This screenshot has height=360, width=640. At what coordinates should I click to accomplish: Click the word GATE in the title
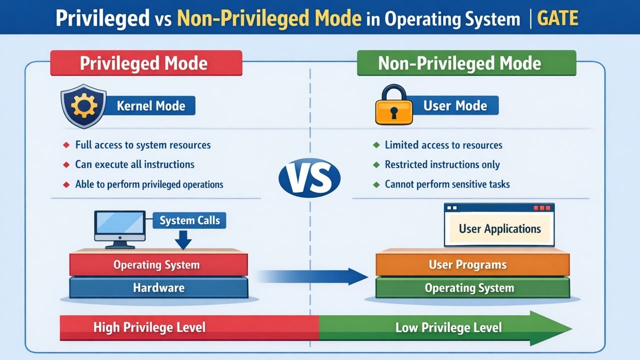click(x=557, y=18)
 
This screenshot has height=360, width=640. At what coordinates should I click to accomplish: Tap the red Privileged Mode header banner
click(x=146, y=63)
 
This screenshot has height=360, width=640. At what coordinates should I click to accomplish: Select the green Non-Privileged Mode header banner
click(x=466, y=63)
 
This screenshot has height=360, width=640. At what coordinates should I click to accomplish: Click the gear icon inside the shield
click(x=84, y=106)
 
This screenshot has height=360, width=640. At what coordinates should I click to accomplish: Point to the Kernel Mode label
click(x=151, y=106)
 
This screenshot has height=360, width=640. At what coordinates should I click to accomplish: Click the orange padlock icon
click(x=394, y=104)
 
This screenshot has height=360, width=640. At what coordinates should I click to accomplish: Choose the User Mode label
click(x=455, y=105)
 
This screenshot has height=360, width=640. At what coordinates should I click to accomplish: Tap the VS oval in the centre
click(x=309, y=177)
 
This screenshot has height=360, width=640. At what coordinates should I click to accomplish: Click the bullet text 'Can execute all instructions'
click(x=135, y=164)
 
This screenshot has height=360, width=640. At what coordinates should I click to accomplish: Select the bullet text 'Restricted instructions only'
click(x=442, y=164)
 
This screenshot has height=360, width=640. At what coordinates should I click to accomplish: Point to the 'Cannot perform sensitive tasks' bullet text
click(x=447, y=184)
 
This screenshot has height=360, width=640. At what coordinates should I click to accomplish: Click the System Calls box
click(x=189, y=220)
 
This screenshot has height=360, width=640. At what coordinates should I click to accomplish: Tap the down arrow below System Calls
click(x=183, y=240)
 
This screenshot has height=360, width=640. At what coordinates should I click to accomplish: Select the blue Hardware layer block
click(x=158, y=287)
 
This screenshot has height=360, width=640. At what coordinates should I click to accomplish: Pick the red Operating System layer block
click(x=158, y=264)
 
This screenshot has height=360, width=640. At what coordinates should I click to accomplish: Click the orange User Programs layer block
click(x=472, y=264)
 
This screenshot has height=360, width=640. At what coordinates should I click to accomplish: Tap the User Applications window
click(x=499, y=225)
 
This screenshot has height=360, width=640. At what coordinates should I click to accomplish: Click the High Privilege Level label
click(x=149, y=327)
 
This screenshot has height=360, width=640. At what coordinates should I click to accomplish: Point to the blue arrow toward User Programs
click(x=311, y=276)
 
